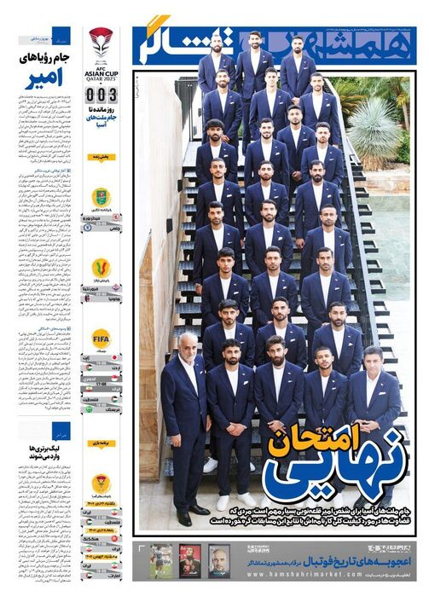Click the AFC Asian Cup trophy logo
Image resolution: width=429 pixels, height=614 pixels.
coord(101,42)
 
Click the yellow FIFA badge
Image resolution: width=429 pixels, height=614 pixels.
coord(101,338)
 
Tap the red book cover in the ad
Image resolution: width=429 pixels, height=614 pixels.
coord(190,560)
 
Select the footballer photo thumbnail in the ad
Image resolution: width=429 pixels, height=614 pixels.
coord(161,560)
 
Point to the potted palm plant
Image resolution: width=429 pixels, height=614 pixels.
coord(375,128)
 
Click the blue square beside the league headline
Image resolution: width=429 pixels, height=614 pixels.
coord(59,431)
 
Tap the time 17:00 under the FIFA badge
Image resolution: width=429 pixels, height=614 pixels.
coord(101,385)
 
